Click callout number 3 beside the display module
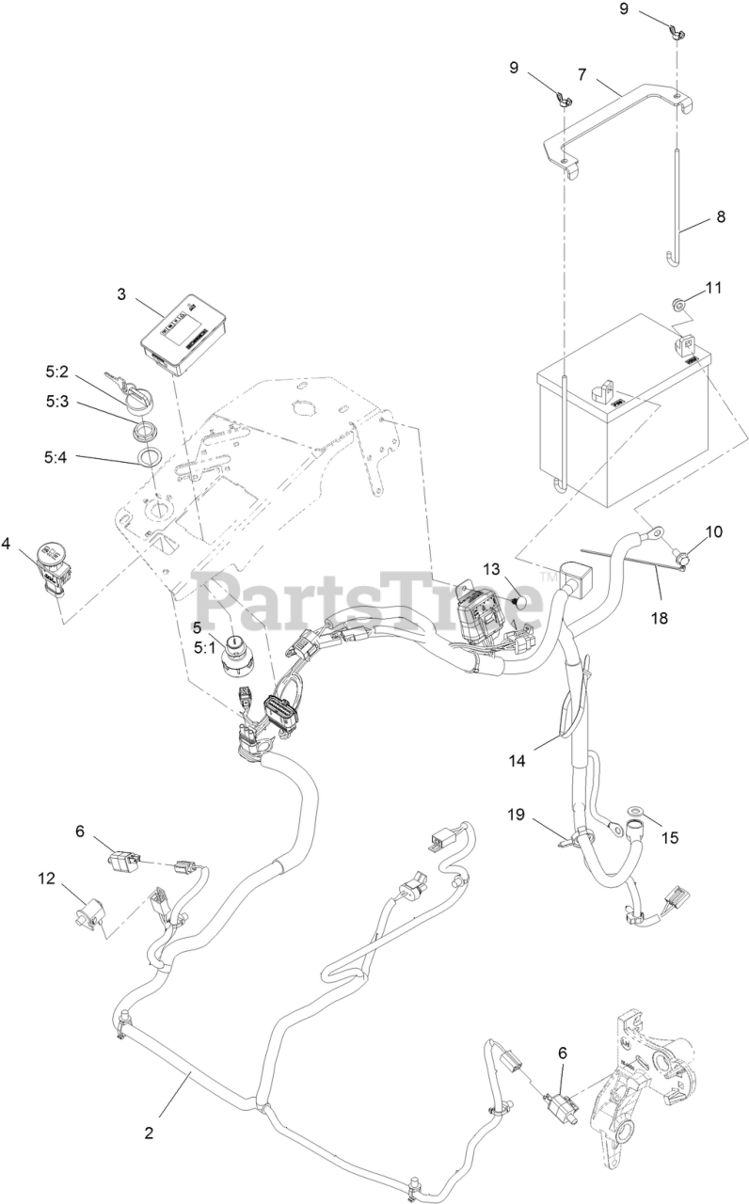click(121, 293)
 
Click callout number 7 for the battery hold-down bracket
click(582, 72)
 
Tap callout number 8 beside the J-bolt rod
click(720, 216)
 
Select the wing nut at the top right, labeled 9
click(677, 35)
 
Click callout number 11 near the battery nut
click(714, 288)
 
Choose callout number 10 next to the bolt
click(714, 531)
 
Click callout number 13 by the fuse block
click(493, 569)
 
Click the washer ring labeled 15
click(635, 810)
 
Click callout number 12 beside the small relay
click(46, 879)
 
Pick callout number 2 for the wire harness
click(149, 1133)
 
